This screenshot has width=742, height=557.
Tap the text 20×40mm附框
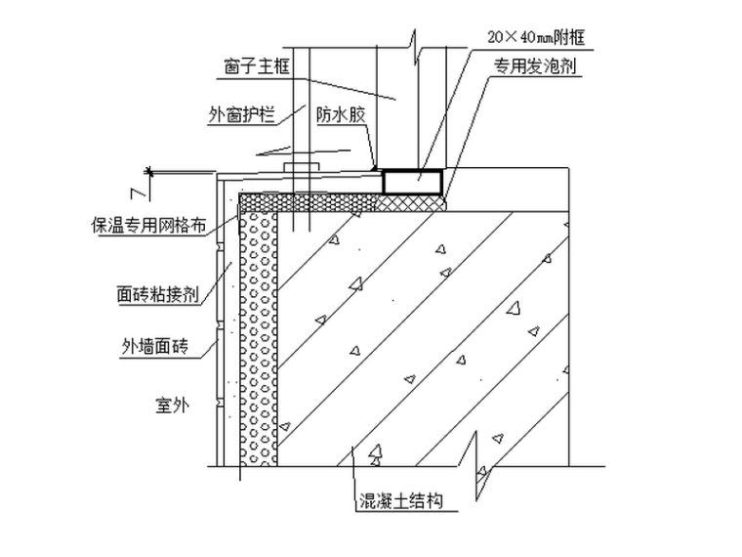543,37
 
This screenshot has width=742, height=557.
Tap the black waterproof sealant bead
377,168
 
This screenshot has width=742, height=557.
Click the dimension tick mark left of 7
151,171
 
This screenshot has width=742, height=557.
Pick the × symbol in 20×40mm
509,37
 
